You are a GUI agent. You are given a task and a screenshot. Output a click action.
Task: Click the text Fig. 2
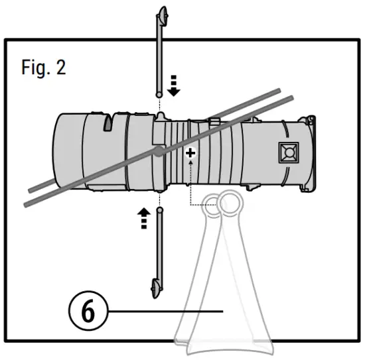(x=43, y=68)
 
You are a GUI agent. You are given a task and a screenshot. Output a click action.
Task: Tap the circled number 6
(x=86, y=311)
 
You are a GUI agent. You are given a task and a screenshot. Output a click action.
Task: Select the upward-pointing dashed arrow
(x=142, y=217)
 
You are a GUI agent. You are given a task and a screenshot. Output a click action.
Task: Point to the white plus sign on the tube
(x=191, y=153)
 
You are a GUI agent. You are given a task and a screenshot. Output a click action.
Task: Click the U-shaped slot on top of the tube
(x=110, y=121)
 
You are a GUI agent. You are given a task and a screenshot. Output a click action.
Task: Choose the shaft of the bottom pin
(x=160, y=245)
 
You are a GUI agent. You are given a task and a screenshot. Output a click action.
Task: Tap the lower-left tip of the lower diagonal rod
(x=27, y=203)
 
